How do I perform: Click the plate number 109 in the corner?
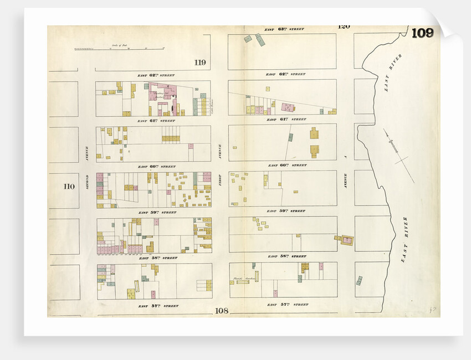point(422,33)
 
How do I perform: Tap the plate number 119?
point(200,63)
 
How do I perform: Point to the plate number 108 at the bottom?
point(221,311)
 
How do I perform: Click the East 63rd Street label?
point(284,28)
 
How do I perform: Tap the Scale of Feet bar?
point(119,49)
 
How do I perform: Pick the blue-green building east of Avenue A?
point(359,280)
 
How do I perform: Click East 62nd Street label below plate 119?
point(156,75)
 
